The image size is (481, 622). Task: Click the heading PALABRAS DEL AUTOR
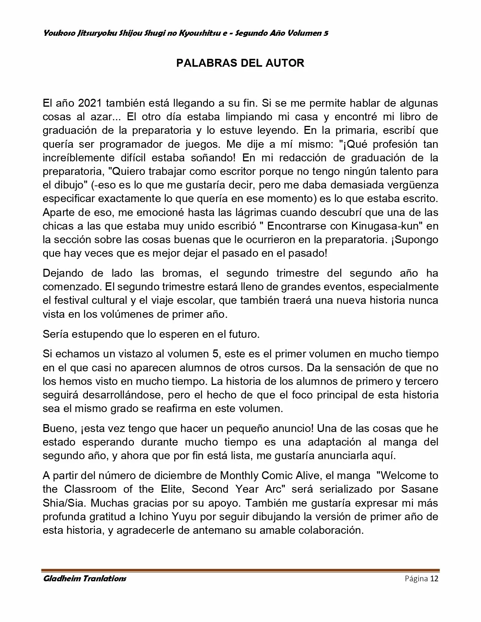(x=240, y=63)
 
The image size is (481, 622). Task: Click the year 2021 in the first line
(x=91, y=103)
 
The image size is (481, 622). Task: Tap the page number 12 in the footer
(x=434, y=579)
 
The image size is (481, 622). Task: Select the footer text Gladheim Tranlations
(x=85, y=579)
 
